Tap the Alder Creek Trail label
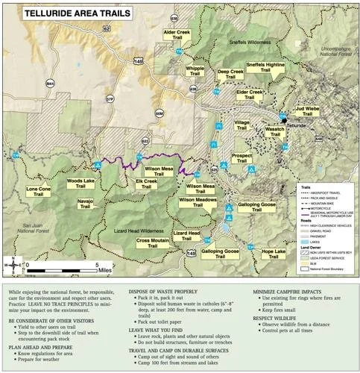[x=180, y=37]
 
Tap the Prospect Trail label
[x=242, y=158]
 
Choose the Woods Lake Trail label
[x=80, y=184]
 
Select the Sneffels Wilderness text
[x=251, y=42]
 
